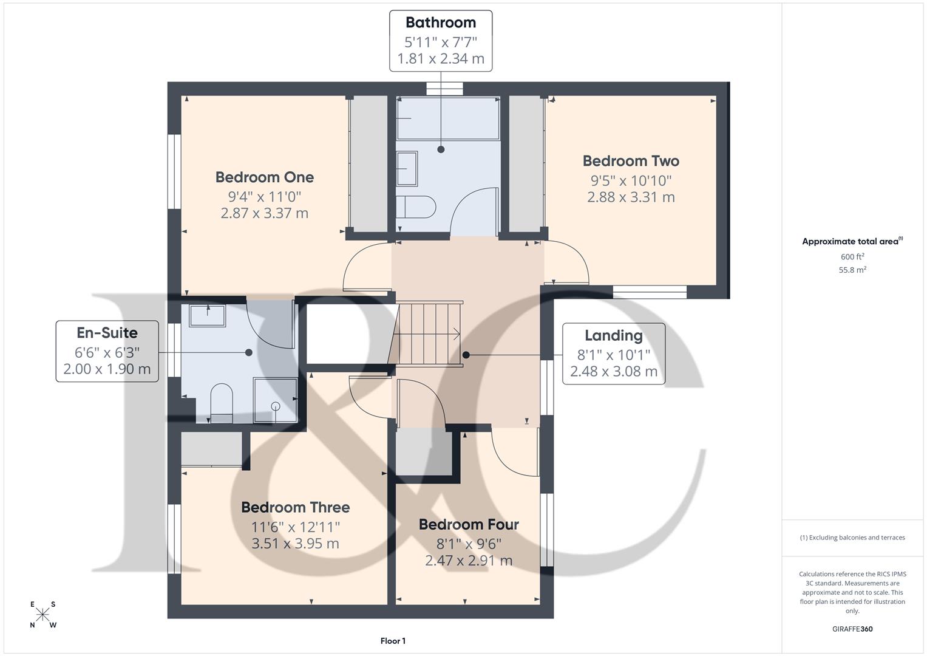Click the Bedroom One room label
pyautogui.click(x=265, y=177)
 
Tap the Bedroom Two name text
pyautogui.click(x=631, y=161)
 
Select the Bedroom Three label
pyautogui.click(x=295, y=507)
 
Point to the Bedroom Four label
pyautogui.click(x=469, y=524)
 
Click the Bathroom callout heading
pyautogui.click(x=441, y=23)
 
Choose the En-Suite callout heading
pyautogui.click(x=107, y=333)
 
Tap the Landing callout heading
pyautogui.click(x=613, y=335)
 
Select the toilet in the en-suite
pyautogui.click(x=221, y=401)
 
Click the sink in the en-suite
pyautogui.click(x=207, y=316)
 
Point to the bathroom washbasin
pyautogui.click(x=407, y=168)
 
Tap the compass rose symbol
pyautogui.click(x=43, y=615)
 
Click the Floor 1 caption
pyautogui.click(x=393, y=641)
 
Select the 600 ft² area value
pyautogui.click(x=852, y=257)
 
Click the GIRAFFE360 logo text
pyautogui.click(x=852, y=629)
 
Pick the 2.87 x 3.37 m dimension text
pyautogui.click(x=265, y=213)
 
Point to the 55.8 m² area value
pyautogui.click(x=852, y=270)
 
